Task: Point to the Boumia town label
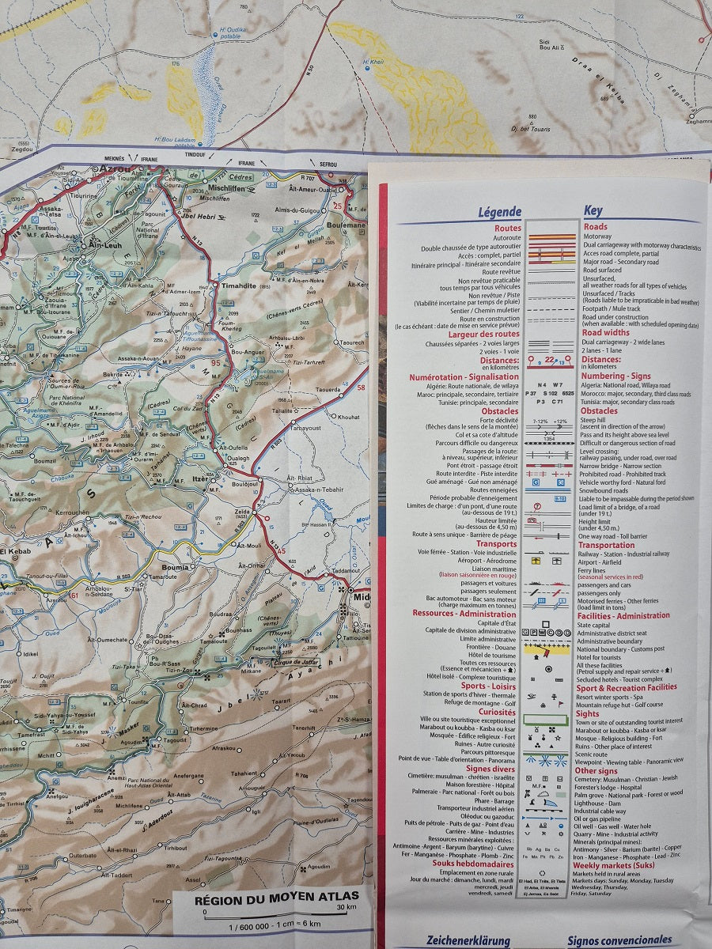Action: point(175,567)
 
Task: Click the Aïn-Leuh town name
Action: point(103,245)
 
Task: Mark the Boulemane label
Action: point(348,225)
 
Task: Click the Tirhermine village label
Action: point(203,728)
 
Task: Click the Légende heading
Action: point(499,212)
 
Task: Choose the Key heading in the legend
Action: point(593,211)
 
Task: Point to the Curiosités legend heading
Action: point(497,712)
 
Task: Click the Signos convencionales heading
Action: point(619,941)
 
